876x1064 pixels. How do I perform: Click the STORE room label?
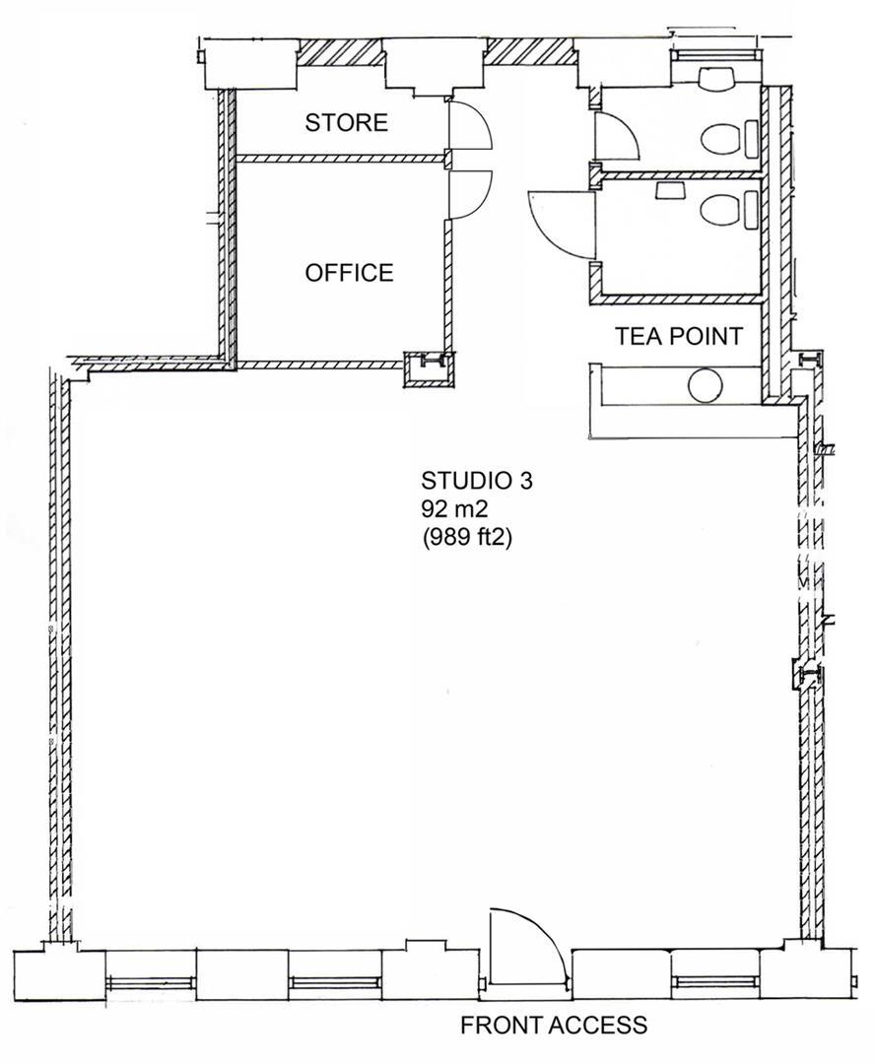click(x=346, y=123)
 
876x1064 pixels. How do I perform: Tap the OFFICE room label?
click(x=349, y=273)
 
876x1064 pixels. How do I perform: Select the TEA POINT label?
click(x=678, y=336)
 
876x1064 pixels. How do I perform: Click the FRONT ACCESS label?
click(x=554, y=1026)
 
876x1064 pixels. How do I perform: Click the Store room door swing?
click(x=468, y=125)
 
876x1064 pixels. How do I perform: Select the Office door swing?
click(x=468, y=193)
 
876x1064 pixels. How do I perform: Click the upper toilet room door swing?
click(x=617, y=137)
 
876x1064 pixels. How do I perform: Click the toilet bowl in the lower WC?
click(x=719, y=209)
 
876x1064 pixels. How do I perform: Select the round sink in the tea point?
click(x=707, y=384)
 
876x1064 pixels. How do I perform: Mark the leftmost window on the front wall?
click(x=151, y=981)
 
